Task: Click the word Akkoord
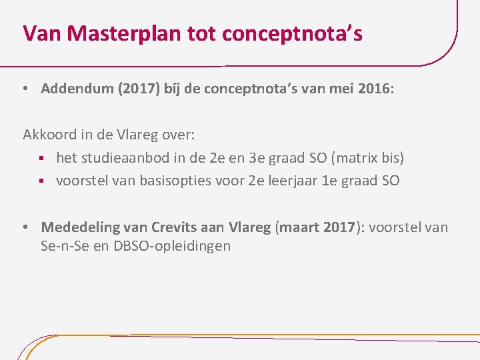[x=49, y=135]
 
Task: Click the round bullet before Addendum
[x=24, y=89]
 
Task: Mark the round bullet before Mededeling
[x=24, y=228]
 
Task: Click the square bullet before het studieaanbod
[x=42, y=159]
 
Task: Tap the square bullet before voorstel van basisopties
[x=42, y=181]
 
